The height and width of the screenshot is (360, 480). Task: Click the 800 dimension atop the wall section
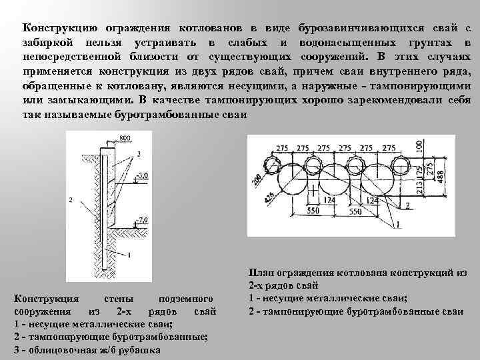pos(125,138)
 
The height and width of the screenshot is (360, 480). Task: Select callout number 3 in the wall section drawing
pos(138,154)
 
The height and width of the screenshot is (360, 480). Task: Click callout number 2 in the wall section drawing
pos(70,199)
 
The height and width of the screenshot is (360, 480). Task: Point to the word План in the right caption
pos(261,271)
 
